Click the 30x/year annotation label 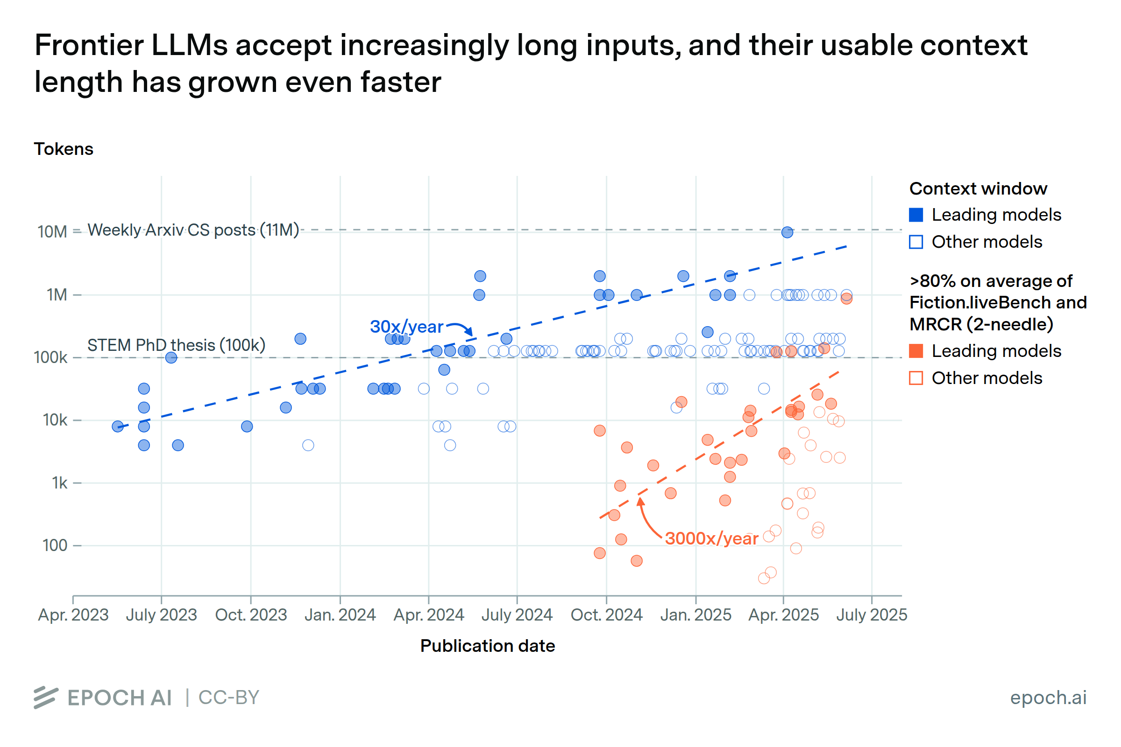[x=406, y=327]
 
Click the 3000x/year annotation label [x=711, y=539]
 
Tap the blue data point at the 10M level [x=787, y=232]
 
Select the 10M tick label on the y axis [x=52, y=232]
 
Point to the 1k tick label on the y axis [x=60, y=483]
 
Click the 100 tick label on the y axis [x=55, y=545]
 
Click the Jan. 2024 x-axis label [x=340, y=615]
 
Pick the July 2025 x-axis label [x=871, y=615]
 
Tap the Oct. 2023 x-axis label [x=251, y=615]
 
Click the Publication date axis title [x=487, y=646]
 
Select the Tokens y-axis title [x=64, y=149]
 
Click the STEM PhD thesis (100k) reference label [x=176, y=345]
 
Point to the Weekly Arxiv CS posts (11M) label [x=193, y=230]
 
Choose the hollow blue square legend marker [x=916, y=242]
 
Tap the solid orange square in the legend [x=916, y=351]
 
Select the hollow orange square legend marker [x=916, y=378]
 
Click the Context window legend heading [x=978, y=189]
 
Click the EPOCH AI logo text [x=119, y=698]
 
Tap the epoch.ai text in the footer [x=1048, y=698]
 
